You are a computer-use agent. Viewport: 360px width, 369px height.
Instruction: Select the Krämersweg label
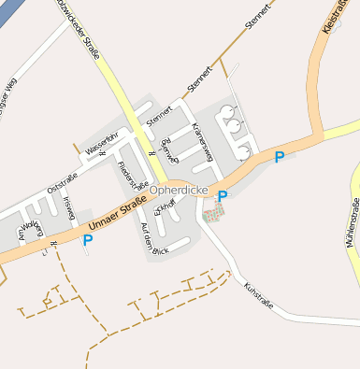[200, 140]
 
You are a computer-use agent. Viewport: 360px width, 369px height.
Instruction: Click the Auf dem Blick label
[152, 240]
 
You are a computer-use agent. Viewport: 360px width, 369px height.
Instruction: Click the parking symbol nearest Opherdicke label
[223, 196]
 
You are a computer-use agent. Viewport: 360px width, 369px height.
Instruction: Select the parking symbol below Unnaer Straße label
[88, 240]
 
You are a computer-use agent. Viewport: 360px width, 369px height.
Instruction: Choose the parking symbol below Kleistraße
[279, 157]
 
